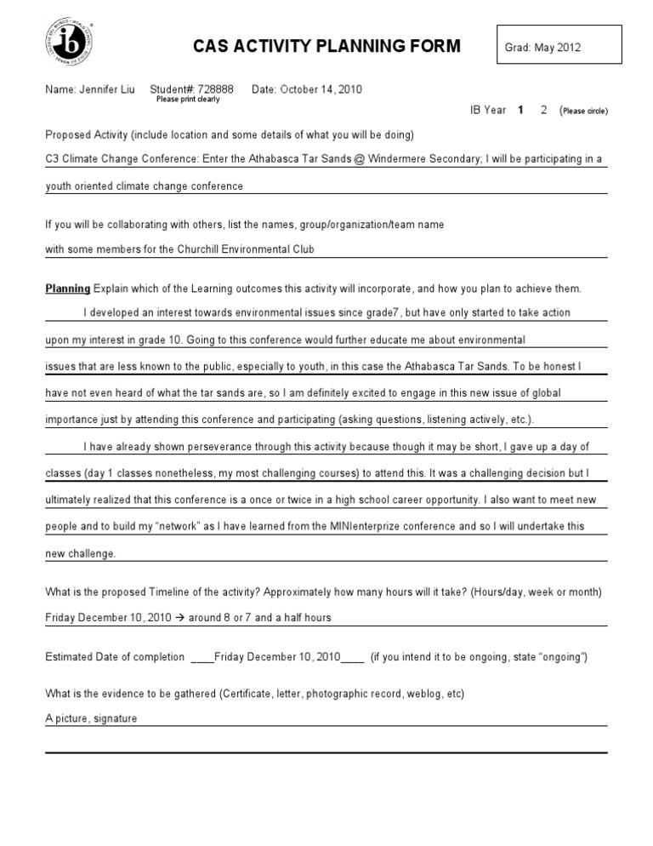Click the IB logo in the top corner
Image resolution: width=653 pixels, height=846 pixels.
click(x=70, y=43)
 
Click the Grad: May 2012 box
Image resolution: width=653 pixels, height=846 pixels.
click(x=559, y=48)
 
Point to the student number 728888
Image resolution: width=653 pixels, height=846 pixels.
click(x=219, y=89)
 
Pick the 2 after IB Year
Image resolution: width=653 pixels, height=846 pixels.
click(x=543, y=110)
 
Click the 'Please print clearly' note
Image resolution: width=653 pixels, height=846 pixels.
click(x=188, y=100)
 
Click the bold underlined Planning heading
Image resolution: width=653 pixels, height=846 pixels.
click(x=67, y=289)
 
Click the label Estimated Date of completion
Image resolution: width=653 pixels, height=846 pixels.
click(x=115, y=656)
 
